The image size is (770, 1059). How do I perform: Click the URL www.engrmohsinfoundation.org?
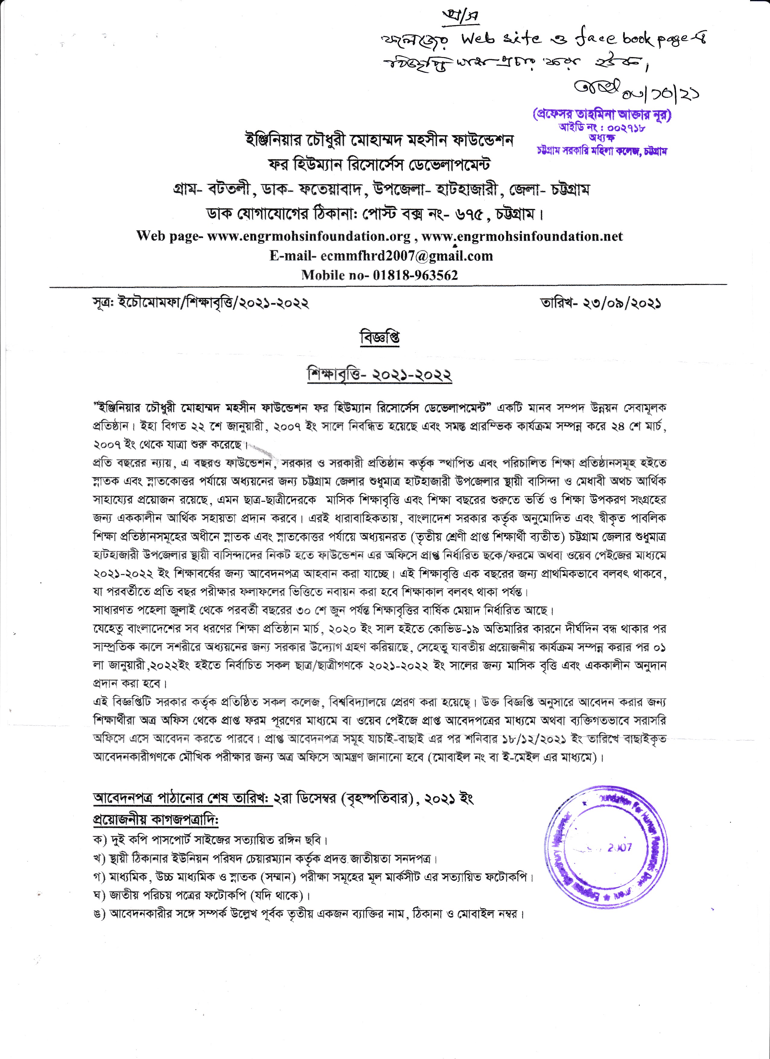click(309, 236)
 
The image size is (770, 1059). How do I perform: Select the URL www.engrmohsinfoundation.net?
click(522, 236)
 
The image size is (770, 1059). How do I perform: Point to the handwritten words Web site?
click(501, 39)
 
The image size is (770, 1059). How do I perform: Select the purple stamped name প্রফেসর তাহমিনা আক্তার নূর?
click(602, 115)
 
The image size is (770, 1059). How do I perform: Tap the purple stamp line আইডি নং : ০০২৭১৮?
click(602, 127)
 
